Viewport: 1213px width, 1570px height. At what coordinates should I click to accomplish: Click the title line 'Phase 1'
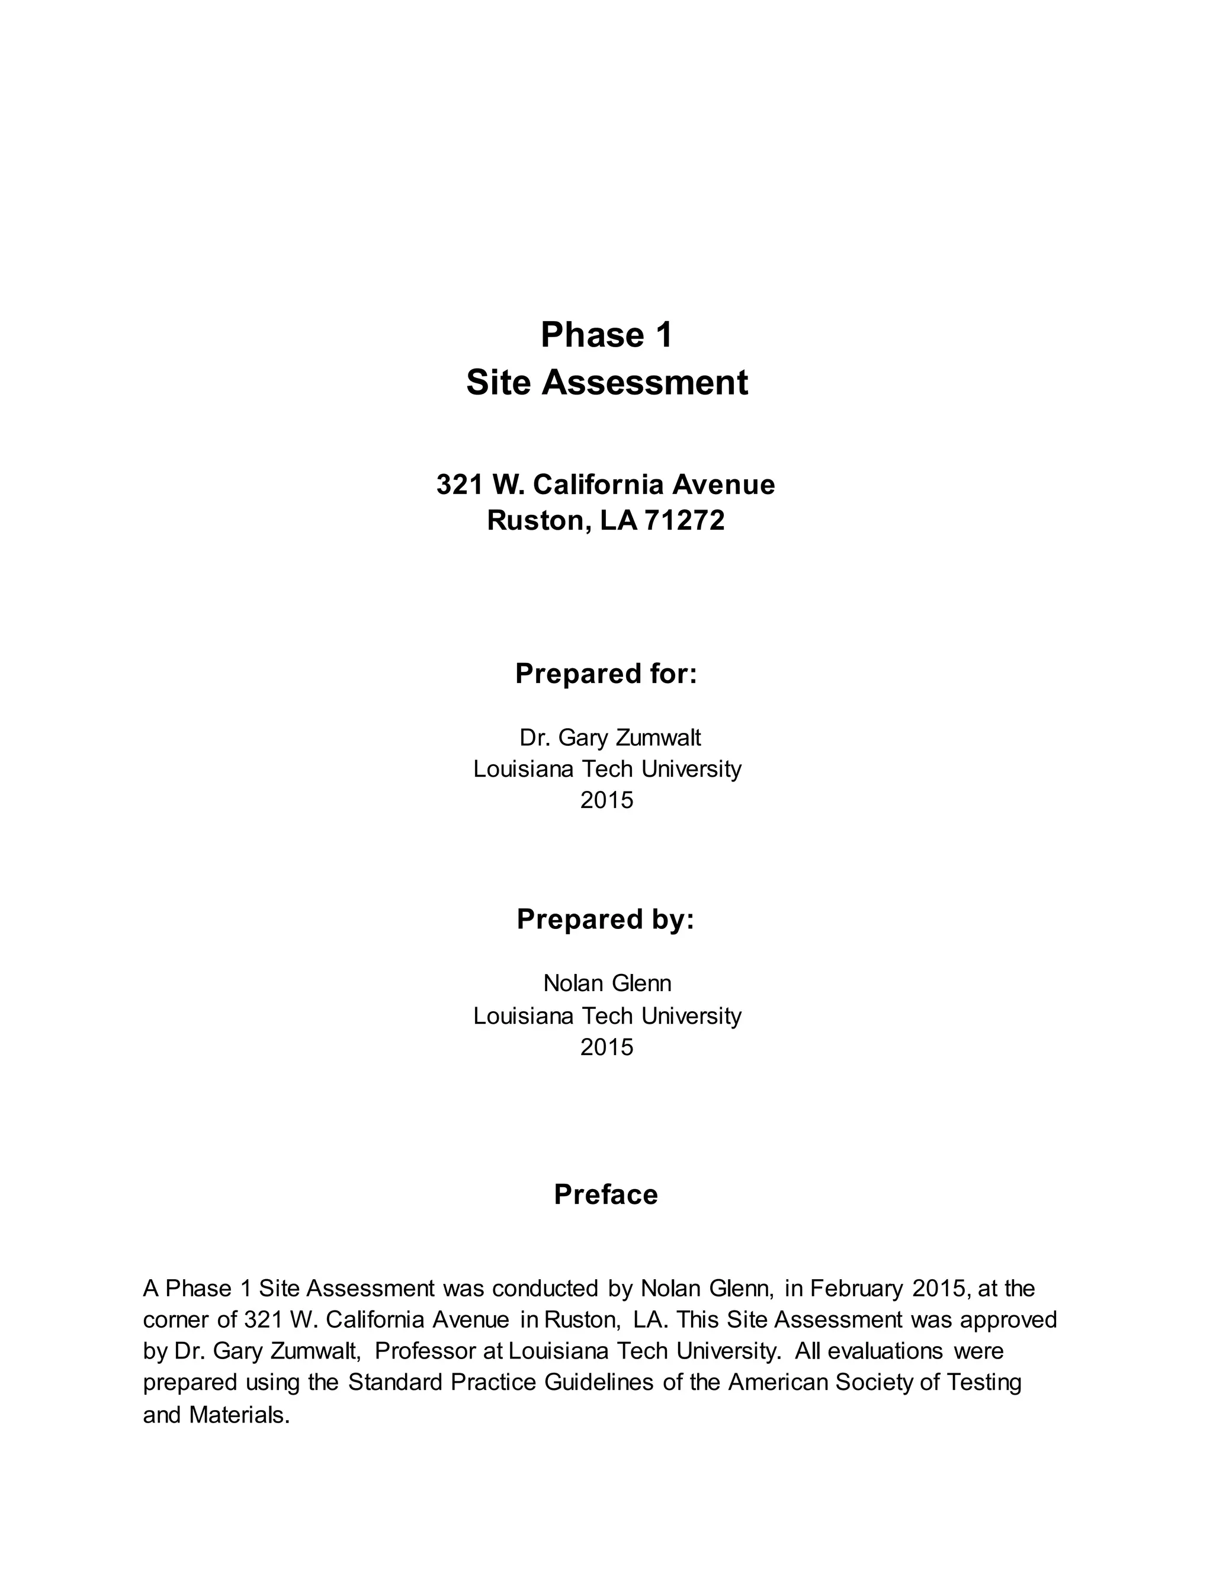(606, 335)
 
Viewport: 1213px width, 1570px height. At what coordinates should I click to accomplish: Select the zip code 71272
(685, 520)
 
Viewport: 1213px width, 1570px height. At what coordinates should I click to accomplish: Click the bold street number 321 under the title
(459, 485)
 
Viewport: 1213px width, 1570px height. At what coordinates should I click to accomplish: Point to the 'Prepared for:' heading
(606, 674)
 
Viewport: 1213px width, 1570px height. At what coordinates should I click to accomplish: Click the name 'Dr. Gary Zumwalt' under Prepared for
(609, 738)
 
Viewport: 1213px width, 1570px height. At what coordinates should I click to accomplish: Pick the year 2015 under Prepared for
(606, 799)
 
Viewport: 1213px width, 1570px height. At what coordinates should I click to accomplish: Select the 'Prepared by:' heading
(605, 919)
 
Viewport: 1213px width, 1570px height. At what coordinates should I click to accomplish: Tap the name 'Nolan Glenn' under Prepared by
(606, 983)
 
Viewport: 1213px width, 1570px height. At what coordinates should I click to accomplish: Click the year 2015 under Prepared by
(606, 1047)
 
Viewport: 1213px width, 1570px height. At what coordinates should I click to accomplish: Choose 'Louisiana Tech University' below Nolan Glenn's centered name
(606, 1015)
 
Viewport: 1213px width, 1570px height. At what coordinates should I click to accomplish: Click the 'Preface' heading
(606, 1194)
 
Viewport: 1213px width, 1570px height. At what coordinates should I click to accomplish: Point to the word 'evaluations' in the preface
(885, 1351)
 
